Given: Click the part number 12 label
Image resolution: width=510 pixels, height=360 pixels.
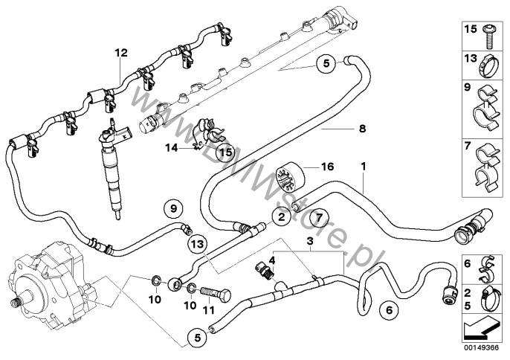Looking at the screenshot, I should [120, 53].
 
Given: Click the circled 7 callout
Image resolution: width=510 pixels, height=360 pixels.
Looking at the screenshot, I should [317, 217].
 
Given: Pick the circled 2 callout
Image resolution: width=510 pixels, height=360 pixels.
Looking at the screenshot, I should [280, 217].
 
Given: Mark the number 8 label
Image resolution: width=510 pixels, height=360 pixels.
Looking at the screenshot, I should [362, 129].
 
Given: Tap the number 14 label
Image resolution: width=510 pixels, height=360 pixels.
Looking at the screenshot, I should [171, 148].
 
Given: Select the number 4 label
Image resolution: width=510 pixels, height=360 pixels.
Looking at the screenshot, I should [272, 260].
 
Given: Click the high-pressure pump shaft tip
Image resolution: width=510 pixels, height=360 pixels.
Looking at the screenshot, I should [13, 303].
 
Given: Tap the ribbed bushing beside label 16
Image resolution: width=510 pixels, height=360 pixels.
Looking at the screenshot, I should [288, 177].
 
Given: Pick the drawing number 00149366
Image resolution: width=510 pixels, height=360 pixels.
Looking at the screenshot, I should [480, 345].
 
